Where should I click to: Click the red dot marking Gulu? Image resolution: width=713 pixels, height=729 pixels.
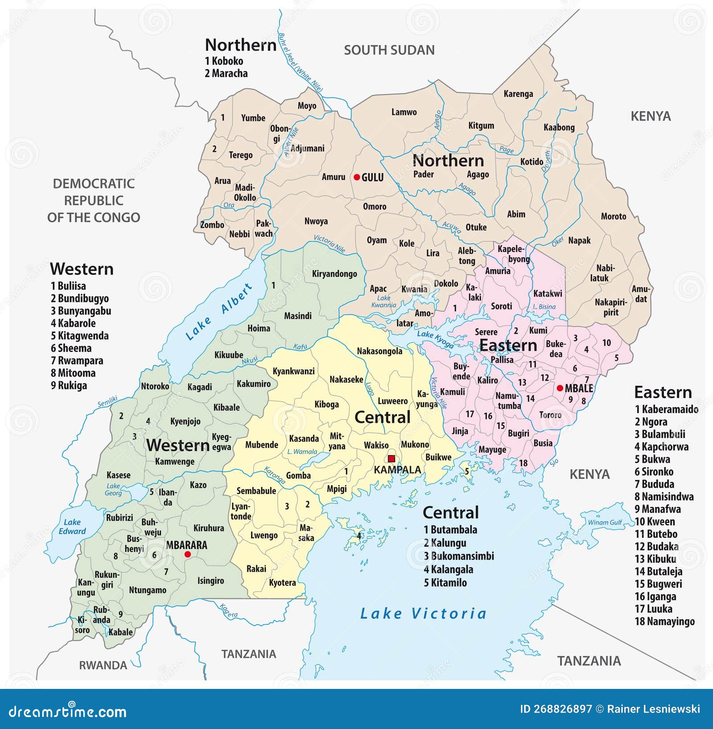tap(356, 177)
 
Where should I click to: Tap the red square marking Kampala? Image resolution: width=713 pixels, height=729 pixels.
tap(391, 459)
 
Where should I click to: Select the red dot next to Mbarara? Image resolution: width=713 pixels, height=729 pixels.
tap(188, 554)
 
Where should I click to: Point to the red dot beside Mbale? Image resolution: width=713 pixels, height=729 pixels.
tap(560, 388)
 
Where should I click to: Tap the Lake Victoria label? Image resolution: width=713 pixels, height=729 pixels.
tap(423, 614)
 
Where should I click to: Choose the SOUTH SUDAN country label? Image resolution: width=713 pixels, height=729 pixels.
tap(389, 50)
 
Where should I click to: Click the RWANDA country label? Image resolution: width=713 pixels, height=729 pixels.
tap(103, 665)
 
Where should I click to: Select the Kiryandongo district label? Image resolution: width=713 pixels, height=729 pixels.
tap(334, 274)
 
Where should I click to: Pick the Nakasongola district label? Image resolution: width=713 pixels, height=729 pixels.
tap(379, 351)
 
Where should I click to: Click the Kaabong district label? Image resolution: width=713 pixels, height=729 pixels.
tap(559, 127)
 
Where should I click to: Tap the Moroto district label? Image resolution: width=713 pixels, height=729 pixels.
tap(613, 217)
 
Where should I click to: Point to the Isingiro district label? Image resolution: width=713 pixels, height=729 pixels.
tap(211, 581)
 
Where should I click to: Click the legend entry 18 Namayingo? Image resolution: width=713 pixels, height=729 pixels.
tap(664, 621)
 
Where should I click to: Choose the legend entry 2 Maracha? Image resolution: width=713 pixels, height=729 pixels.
tap(226, 74)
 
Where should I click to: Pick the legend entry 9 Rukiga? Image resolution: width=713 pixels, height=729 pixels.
tap(69, 385)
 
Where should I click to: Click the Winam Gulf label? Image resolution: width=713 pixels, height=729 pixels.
tap(605, 522)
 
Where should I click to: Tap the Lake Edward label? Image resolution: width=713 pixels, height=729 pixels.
tap(72, 526)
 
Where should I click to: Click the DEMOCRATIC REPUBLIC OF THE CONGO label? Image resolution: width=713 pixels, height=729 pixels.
tap(94, 201)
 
